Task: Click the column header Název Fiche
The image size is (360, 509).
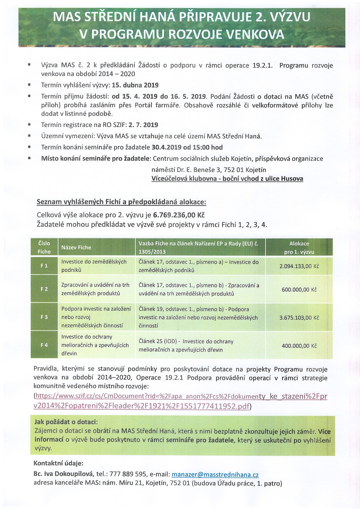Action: click(x=76, y=248)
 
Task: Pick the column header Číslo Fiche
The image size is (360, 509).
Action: click(x=44, y=248)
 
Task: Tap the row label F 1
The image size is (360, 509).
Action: click(x=44, y=266)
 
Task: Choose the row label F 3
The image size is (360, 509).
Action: click(x=44, y=317)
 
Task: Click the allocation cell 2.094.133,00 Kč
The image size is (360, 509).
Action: click(x=299, y=266)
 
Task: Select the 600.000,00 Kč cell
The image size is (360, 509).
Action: click(x=299, y=290)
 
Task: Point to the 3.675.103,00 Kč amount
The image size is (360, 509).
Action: click(x=299, y=317)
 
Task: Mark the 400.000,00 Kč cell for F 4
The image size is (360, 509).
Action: click(x=299, y=346)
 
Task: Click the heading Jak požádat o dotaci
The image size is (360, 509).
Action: click(x=66, y=422)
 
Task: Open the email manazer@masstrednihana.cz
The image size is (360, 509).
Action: click(x=215, y=475)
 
